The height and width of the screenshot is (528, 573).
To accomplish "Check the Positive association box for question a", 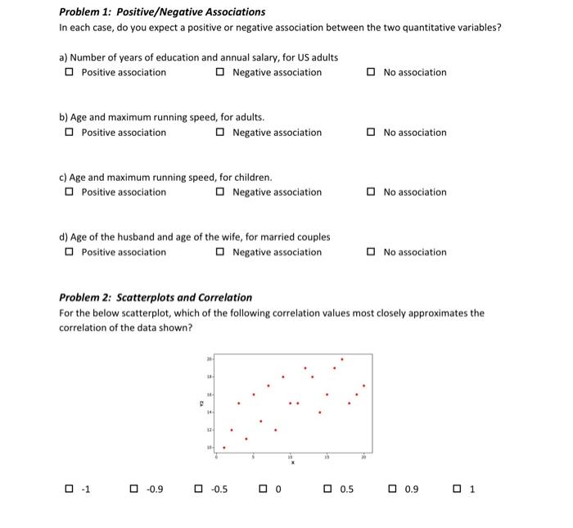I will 70,73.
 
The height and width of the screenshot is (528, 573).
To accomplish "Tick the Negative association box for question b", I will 221,133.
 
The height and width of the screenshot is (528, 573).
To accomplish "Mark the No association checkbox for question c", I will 372,192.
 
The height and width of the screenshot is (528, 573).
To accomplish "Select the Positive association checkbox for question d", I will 70,252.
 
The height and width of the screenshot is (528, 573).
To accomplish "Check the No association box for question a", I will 372,73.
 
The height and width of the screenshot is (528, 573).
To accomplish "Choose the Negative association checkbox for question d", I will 221,252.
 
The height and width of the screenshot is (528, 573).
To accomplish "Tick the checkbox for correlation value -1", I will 70,490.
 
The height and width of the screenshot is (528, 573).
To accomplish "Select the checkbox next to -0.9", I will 134,490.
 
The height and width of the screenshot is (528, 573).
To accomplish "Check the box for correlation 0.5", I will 328,490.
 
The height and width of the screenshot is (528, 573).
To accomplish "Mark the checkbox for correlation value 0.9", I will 392,490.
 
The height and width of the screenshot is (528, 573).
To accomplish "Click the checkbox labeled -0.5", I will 198,490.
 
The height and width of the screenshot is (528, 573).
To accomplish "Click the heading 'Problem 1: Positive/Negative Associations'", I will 162,12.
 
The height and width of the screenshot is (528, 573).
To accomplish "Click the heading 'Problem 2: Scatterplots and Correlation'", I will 156,297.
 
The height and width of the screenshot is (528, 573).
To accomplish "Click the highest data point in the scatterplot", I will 342,359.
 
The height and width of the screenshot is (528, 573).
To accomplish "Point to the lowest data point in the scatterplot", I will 224,447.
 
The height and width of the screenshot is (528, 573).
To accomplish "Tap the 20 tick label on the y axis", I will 209,359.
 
